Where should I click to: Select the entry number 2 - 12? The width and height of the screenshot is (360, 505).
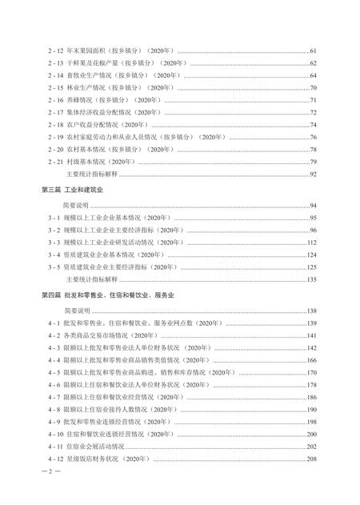point(56,50)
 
